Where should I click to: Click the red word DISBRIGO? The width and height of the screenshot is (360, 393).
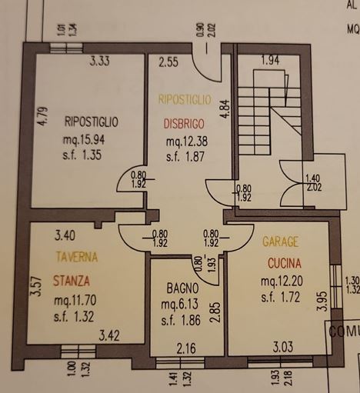click(184, 124)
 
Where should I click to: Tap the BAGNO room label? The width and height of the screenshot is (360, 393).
click(182, 288)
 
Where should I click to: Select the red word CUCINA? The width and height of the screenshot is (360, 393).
click(285, 263)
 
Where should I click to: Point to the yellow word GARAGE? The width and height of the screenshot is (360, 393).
click(281, 241)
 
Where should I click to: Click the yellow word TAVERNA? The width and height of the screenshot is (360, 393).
click(77, 257)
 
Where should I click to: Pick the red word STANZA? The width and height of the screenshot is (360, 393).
click(72, 281)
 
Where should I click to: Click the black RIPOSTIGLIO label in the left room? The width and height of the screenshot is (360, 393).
click(92, 122)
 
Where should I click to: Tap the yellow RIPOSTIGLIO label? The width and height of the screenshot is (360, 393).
click(185, 99)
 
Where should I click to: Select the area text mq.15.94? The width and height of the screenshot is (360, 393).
click(84, 140)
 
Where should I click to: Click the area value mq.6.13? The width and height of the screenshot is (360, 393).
click(179, 304)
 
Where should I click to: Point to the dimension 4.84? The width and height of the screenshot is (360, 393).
click(225, 108)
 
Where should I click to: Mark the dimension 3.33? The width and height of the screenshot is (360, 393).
click(100, 61)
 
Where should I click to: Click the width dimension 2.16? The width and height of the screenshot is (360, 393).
click(186, 348)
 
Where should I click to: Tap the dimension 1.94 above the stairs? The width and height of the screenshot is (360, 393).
click(271, 60)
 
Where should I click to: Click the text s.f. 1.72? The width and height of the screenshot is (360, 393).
click(281, 297)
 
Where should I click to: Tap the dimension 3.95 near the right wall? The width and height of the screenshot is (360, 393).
click(322, 301)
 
